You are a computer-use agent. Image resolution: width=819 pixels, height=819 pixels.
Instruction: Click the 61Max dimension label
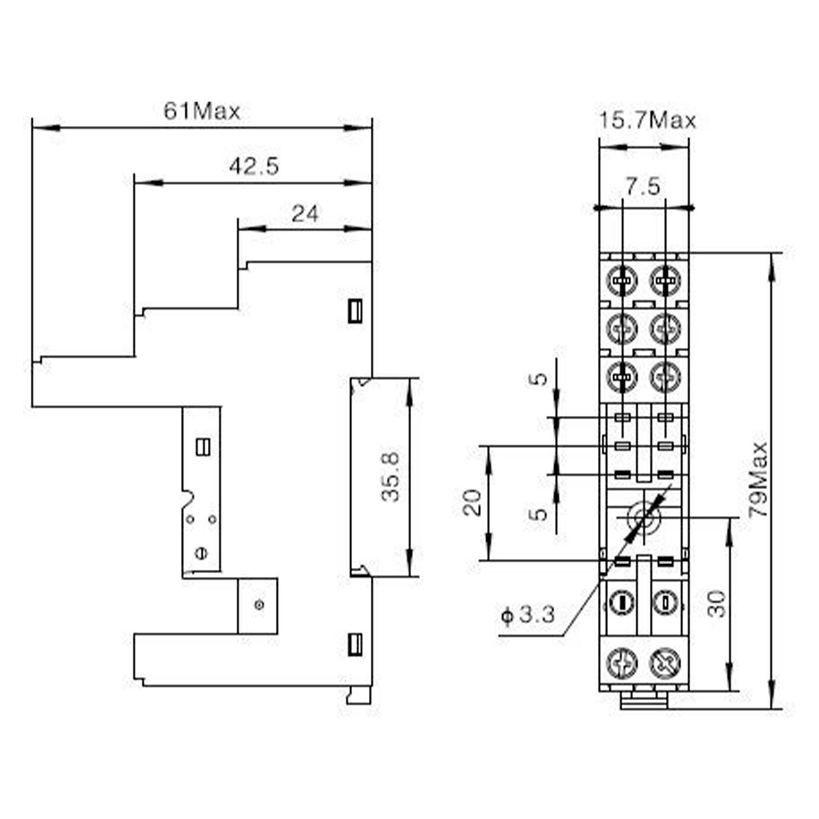pos(202,111)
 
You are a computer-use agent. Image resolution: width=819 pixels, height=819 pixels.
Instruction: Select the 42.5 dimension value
pos(254,167)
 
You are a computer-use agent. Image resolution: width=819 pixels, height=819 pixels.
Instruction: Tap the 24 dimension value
pos(304,214)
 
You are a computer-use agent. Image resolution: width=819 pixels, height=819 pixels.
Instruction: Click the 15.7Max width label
pos(647,121)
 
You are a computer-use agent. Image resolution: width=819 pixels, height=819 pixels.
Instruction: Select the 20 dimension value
pos(472,503)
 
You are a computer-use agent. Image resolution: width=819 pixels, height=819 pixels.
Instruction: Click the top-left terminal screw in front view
pos(622,281)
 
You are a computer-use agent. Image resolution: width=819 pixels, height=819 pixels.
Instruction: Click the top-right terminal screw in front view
pos(665,281)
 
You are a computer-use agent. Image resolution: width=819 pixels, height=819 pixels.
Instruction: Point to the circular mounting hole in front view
pos(643,518)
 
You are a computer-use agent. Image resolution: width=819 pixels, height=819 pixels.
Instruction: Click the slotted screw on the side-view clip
pos(201,553)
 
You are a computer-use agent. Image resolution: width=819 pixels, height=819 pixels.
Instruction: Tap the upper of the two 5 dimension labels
pos(539,378)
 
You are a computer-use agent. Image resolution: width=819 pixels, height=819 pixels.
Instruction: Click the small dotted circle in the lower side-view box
pos(260,605)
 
